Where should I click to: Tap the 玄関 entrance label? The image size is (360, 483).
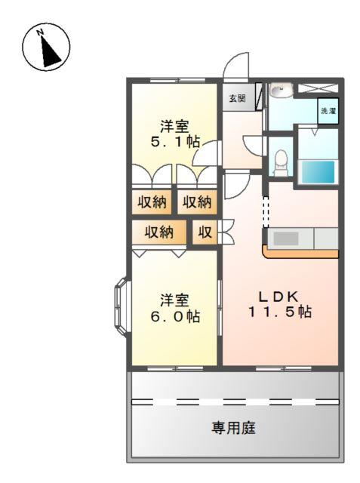pyautogui.click(x=237, y=98)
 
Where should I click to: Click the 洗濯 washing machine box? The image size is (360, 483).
pyautogui.click(x=328, y=111)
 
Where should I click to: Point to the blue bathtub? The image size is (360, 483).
pyautogui.click(x=317, y=171)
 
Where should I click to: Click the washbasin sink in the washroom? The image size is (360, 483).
pyautogui.click(x=281, y=90)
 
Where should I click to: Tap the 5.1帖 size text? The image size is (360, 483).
pyautogui.click(x=174, y=140)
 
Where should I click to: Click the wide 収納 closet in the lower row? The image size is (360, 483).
pyautogui.click(x=160, y=232)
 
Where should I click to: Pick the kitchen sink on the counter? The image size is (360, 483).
pyautogui.click(x=287, y=238)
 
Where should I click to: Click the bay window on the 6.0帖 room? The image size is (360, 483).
pyautogui.click(x=122, y=305)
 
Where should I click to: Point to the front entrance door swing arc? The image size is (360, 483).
pyautogui.click(x=237, y=66)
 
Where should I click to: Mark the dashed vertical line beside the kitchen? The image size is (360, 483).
pyautogui.click(x=265, y=211)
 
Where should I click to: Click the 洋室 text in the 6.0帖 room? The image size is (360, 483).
pyautogui.click(x=174, y=300)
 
